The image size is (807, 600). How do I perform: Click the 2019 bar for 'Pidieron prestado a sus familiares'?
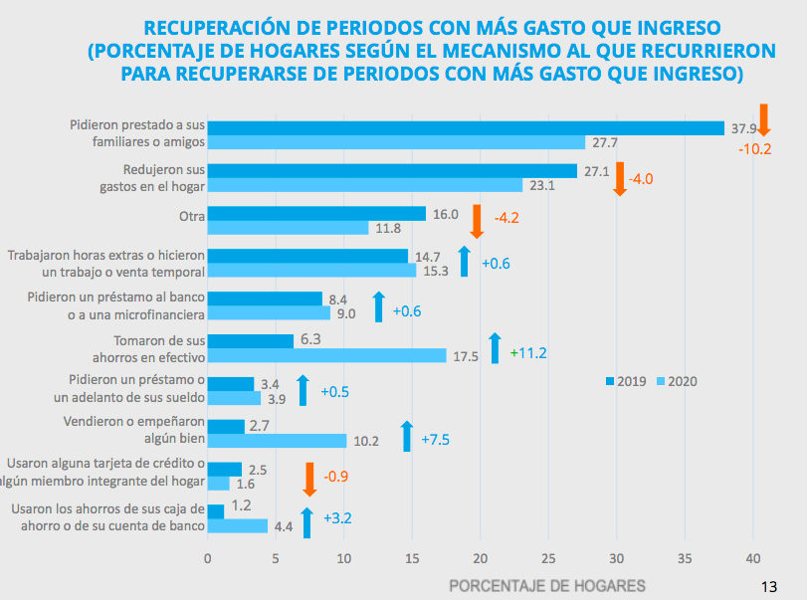tap(465, 127)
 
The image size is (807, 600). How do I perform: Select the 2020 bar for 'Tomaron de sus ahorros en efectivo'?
tap(326, 355)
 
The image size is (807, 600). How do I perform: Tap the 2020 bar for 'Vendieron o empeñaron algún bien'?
tap(277, 441)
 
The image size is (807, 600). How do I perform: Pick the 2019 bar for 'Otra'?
tap(315, 214)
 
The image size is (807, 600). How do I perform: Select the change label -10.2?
tap(755, 149)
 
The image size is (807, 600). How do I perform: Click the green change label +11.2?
tap(528, 352)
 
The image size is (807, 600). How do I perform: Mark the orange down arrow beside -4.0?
tap(619, 179)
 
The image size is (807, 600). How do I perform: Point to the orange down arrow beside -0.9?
tap(309, 480)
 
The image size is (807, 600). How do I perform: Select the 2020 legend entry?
tap(676, 381)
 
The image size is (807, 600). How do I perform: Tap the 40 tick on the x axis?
tap(752, 559)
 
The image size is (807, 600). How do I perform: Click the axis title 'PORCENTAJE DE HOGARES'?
tap(547, 585)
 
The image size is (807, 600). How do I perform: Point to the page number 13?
tap(767, 584)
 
